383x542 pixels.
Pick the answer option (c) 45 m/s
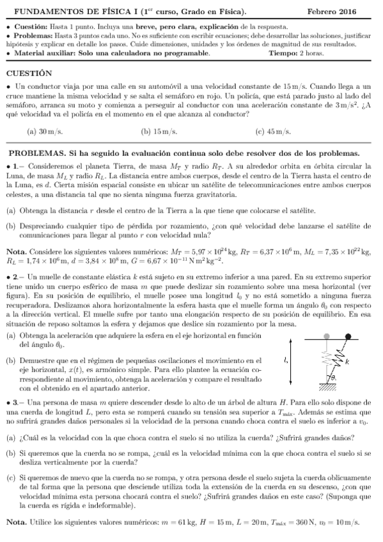[x=272, y=132]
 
